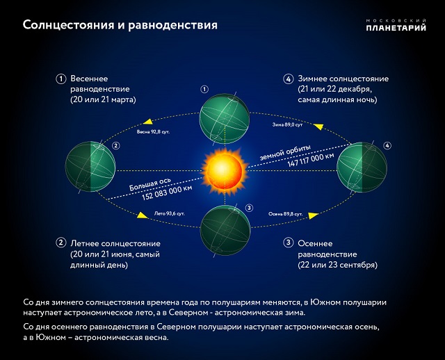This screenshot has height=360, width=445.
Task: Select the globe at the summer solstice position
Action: tap(90, 167)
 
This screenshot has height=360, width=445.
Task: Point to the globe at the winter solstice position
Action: tap(361, 167)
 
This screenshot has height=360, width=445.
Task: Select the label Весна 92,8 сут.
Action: tap(153, 131)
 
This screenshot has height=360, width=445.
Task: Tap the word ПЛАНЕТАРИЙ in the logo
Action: tap(396, 28)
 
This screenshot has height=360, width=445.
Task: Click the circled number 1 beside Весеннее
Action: tap(60, 79)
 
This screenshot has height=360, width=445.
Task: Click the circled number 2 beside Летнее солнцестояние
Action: tap(60, 243)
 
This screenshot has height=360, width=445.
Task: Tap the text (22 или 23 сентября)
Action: tap(337, 265)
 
